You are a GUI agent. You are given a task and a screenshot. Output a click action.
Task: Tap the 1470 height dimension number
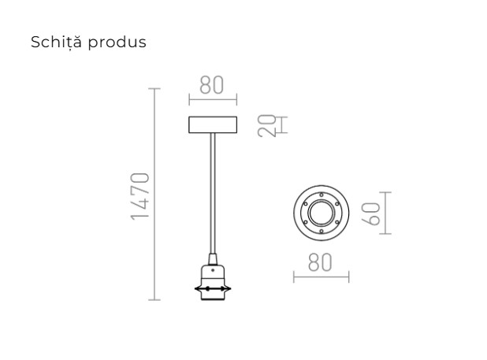tap(140, 195)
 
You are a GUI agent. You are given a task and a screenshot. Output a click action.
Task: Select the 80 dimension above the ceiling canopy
tap(212, 85)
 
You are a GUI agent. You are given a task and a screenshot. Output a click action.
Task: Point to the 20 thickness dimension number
tap(270, 126)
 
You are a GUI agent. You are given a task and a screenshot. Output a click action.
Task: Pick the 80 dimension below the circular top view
tap(320, 262)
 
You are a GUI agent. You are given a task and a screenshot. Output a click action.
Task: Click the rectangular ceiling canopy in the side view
tap(213, 124)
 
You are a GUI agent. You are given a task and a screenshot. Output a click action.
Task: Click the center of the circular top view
tap(321, 213)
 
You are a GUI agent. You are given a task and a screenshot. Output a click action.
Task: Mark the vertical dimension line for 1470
tap(154, 195)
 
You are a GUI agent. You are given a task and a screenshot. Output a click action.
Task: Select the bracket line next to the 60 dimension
tap(385, 213)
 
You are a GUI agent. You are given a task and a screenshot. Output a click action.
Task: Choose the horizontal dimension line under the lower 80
tap(321, 276)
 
